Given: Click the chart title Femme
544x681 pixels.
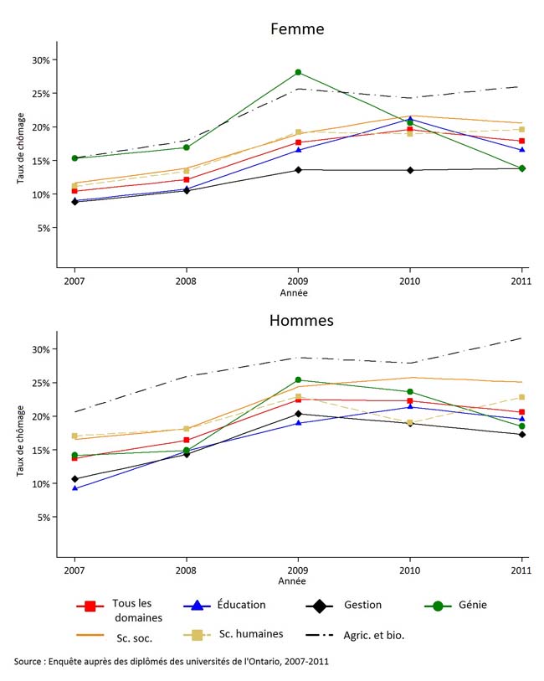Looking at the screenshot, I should click(x=297, y=28).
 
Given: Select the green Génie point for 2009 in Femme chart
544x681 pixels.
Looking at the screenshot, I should click(x=298, y=73).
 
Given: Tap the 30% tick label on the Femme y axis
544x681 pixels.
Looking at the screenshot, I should click(x=41, y=60).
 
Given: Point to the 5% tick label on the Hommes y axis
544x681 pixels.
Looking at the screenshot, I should click(x=44, y=518).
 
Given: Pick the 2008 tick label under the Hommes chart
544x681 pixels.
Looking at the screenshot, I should click(x=186, y=571).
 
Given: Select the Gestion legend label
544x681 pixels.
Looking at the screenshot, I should click(x=362, y=605).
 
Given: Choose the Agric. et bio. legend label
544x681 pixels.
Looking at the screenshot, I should click(x=373, y=635).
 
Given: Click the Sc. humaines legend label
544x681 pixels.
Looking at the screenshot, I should click(x=251, y=635).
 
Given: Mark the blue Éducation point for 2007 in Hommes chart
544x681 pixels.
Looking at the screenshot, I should click(x=74, y=488).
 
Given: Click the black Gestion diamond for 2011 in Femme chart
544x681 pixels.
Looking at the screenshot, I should click(x=521, y=168).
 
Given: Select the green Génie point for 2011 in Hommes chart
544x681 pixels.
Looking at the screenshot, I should click(x=521, y=426).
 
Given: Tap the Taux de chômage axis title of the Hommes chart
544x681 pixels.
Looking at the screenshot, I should click(x=21, y=441).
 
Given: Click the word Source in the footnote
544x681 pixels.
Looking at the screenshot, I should click(x=30, y=662).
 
